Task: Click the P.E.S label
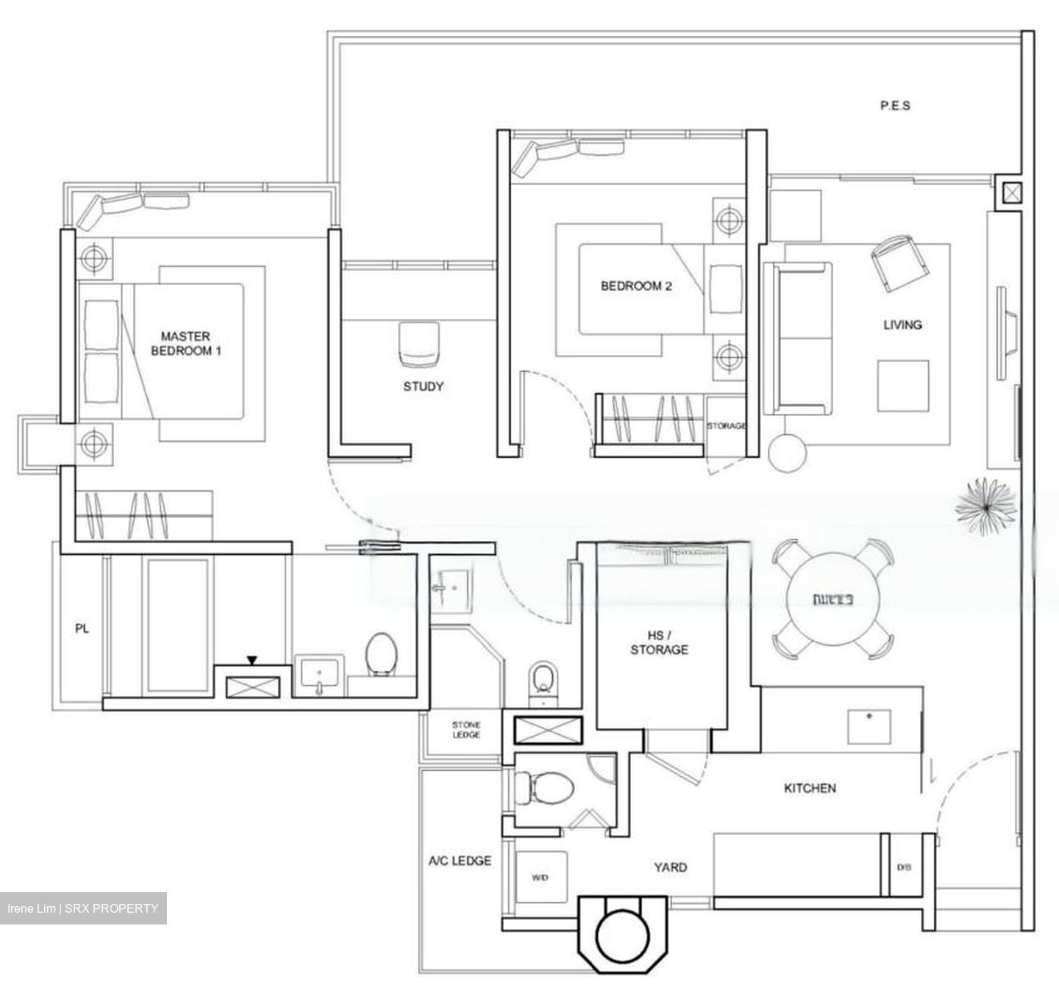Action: click(895, 106)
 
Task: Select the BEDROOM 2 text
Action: click(636, 287)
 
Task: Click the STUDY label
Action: click(423, 387)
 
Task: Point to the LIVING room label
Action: click(902, 325)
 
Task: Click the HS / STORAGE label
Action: click(659, 642)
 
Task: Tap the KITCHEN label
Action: click(810, 789)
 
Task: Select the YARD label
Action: click(670, 867)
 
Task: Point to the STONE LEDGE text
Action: click(466, 730)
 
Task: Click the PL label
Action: click(82, 629)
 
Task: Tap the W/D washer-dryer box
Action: click(541, 877)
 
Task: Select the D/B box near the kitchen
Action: click(903, 867)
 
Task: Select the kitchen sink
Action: click(869, 726)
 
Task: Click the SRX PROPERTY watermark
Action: click(83, 908)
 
